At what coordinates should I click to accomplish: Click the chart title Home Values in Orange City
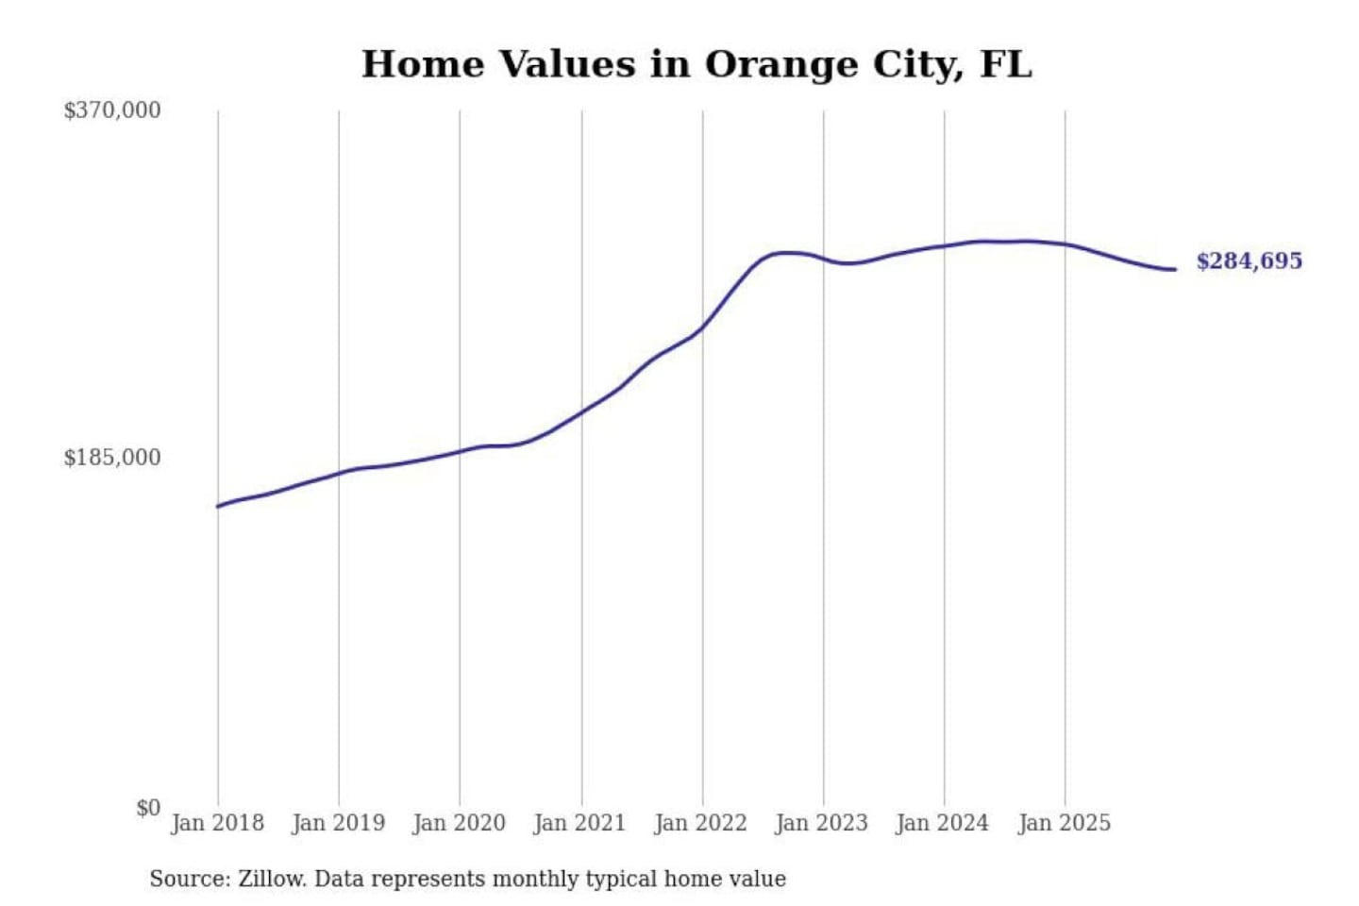(x=696, y=64)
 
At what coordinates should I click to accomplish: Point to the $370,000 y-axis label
(x=112, y=110)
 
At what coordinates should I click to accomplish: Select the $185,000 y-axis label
(x=112, y=458)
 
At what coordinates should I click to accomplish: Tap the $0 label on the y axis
(x=147, y=808)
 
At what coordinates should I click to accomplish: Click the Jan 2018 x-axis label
(x=217, y=823)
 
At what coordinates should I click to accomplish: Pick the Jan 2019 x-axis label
(x=338, y=823)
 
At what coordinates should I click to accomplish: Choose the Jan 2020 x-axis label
(x=459, y=823)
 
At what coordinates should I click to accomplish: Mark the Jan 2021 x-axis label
(x=579, y=823)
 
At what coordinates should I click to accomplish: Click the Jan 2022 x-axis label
(x=700, y=823)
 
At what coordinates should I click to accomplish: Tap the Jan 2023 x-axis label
(x=821, y=823)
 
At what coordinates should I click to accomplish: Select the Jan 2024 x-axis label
(x=942, y=823)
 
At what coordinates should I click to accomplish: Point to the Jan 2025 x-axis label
(x=1064, y=823)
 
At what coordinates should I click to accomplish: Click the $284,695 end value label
(x=1249, y=261)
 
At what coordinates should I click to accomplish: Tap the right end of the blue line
(x=1175, y=270)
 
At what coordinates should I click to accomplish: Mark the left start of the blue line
(x=218, y=507)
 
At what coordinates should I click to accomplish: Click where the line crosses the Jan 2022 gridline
(x=702, y=328)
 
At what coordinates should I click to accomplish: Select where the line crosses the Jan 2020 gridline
(x=461, y=451)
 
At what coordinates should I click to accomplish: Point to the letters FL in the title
(x=1006, y=64)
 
